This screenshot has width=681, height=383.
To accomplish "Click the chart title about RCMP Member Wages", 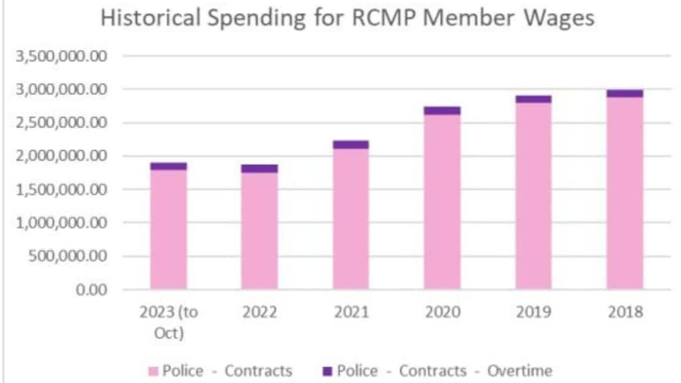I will [346, 19].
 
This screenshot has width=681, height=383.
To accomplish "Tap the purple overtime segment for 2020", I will [442, 110].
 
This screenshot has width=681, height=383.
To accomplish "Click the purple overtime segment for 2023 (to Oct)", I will [168, 166].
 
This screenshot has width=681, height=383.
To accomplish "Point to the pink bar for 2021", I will [350, 219].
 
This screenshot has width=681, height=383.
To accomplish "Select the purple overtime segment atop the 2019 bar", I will [533, 99].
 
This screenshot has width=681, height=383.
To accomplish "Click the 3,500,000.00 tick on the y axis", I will [61, 56].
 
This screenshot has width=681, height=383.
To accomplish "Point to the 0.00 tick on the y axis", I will [90, 290].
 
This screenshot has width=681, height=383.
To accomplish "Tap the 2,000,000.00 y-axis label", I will [61, 156].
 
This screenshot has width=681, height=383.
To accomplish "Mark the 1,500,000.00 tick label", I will [61, 190].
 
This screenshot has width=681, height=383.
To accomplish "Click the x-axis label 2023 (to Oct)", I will [168, 322].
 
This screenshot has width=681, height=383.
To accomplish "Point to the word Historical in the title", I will [150, 19].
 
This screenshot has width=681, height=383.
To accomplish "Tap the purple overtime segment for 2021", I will [350, 144].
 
